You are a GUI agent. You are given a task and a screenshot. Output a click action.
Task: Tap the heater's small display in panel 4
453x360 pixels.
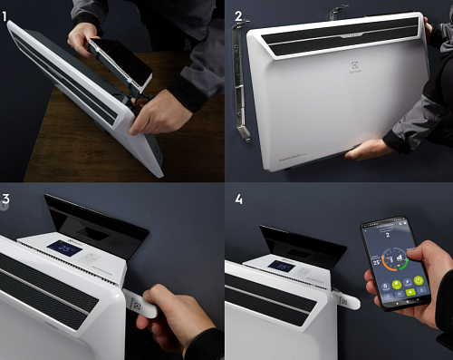click(x=280, y=267)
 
